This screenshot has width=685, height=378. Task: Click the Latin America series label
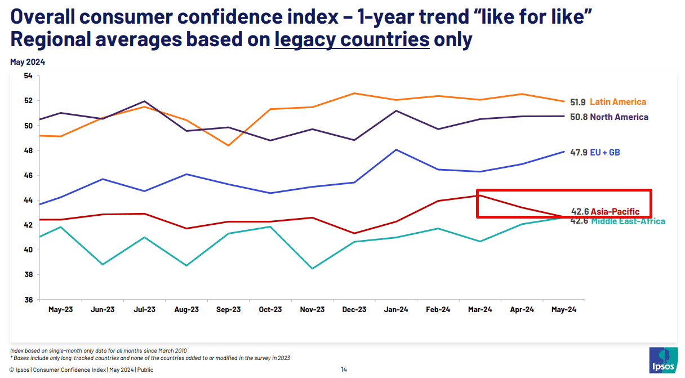coord(618,102)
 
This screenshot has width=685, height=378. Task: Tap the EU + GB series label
coord(606,153)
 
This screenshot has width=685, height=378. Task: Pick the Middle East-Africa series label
coord(628,221)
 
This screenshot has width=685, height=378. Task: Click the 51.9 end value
coord(578,102)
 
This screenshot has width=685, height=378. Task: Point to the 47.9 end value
coord(578,153)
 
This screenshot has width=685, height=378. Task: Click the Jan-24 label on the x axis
coord(397,310)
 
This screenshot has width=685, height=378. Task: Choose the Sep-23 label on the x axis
coord(229,310)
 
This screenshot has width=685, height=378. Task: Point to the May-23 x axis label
coord(60,310)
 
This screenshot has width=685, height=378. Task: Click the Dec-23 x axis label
coord(354,310)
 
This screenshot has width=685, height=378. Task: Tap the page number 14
coord(344,370)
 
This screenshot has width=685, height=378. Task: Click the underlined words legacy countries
coord(352,40)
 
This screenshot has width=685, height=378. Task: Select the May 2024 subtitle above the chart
coord(28,62)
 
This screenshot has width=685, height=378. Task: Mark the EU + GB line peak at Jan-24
coord(397,150)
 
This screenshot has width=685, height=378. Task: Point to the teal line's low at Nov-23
coord(313,269)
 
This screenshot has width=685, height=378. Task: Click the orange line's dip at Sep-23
coord(229,145)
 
